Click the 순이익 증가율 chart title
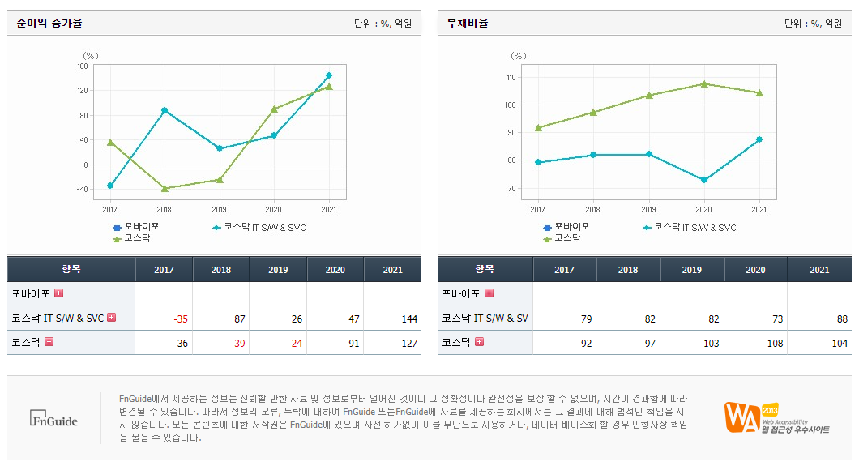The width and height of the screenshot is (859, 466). [x=49, y=24]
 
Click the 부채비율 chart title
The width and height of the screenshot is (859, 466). [x=468, y=24]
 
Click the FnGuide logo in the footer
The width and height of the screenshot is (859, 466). [x=53, y=419]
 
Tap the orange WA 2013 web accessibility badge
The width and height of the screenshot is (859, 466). [x=776, y=417]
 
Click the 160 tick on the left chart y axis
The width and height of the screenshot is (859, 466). [x=83, y=66]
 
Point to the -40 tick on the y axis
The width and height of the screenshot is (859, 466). [x=82, y=190]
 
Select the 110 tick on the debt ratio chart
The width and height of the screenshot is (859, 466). [x=511, y=78]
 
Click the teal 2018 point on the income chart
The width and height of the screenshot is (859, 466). [x=165, y=110]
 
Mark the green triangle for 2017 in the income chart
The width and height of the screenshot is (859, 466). [x=109, y=142]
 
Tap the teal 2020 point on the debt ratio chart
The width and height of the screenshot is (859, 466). [x=704, y=180]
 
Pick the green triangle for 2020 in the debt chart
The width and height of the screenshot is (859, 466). [x=704, y=83]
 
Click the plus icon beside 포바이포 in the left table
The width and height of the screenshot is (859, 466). [x=58, y=293]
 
